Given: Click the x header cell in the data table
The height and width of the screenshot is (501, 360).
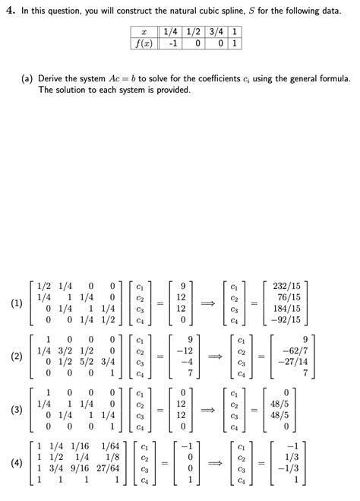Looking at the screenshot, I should pyautogui.click(x=144, y=33).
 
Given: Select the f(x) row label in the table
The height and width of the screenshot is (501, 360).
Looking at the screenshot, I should pyautogui.click(x=144, y=43).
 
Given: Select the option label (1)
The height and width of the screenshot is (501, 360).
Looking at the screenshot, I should pyautogui.click(x=17, y=303).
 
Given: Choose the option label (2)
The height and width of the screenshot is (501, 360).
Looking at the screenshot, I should pyautogui.click(x=17, y=357).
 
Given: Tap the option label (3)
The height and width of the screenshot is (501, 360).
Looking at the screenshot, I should pyautogui.click(x=17, y=410).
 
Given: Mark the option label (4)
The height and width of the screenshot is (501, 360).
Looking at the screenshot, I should pyautogui.click(x=17, y=463).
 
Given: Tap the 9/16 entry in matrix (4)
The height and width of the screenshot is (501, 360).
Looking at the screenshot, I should pyautogui.click(x=80, y=468).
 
